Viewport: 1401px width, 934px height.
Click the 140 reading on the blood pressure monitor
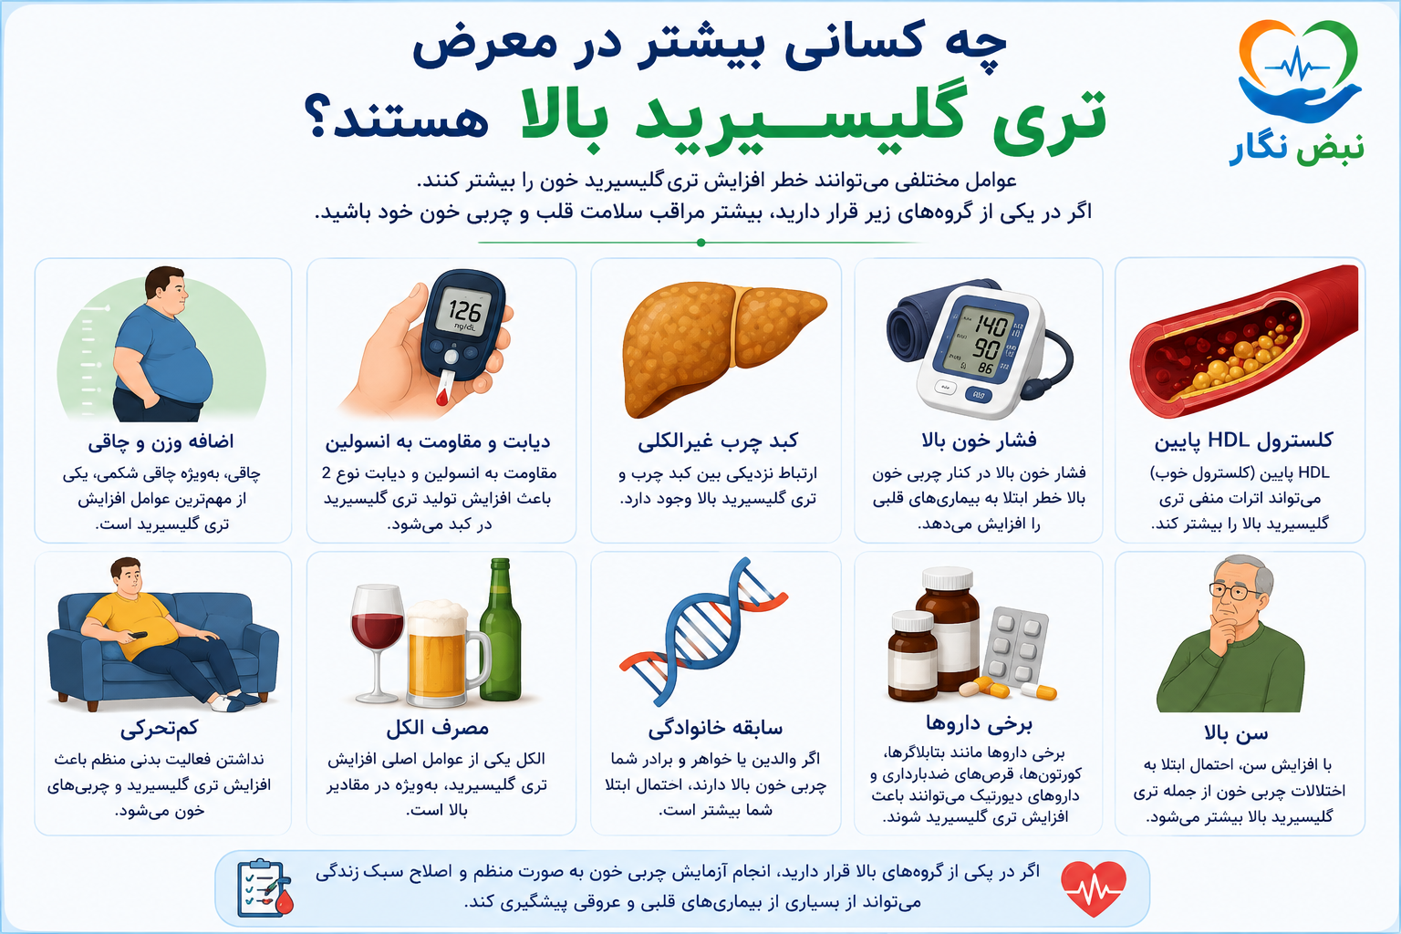[x=989, y=326]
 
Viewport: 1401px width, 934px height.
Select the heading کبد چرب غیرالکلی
[x=718, y=441]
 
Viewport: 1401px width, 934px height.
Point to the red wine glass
[x=377, y=642]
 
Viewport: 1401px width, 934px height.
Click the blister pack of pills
[x=1015, y=645]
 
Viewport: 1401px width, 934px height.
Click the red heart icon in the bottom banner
[x=1094, y=888]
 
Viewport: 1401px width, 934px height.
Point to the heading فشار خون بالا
[x=979, y=441]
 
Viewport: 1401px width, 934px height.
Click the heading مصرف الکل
[x=437, y=728]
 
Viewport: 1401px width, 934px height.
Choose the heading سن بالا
[x=1237, y=733]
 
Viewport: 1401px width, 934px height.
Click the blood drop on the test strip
[x=441, y=397]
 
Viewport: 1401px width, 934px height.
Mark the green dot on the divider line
[x=701, y=242]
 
